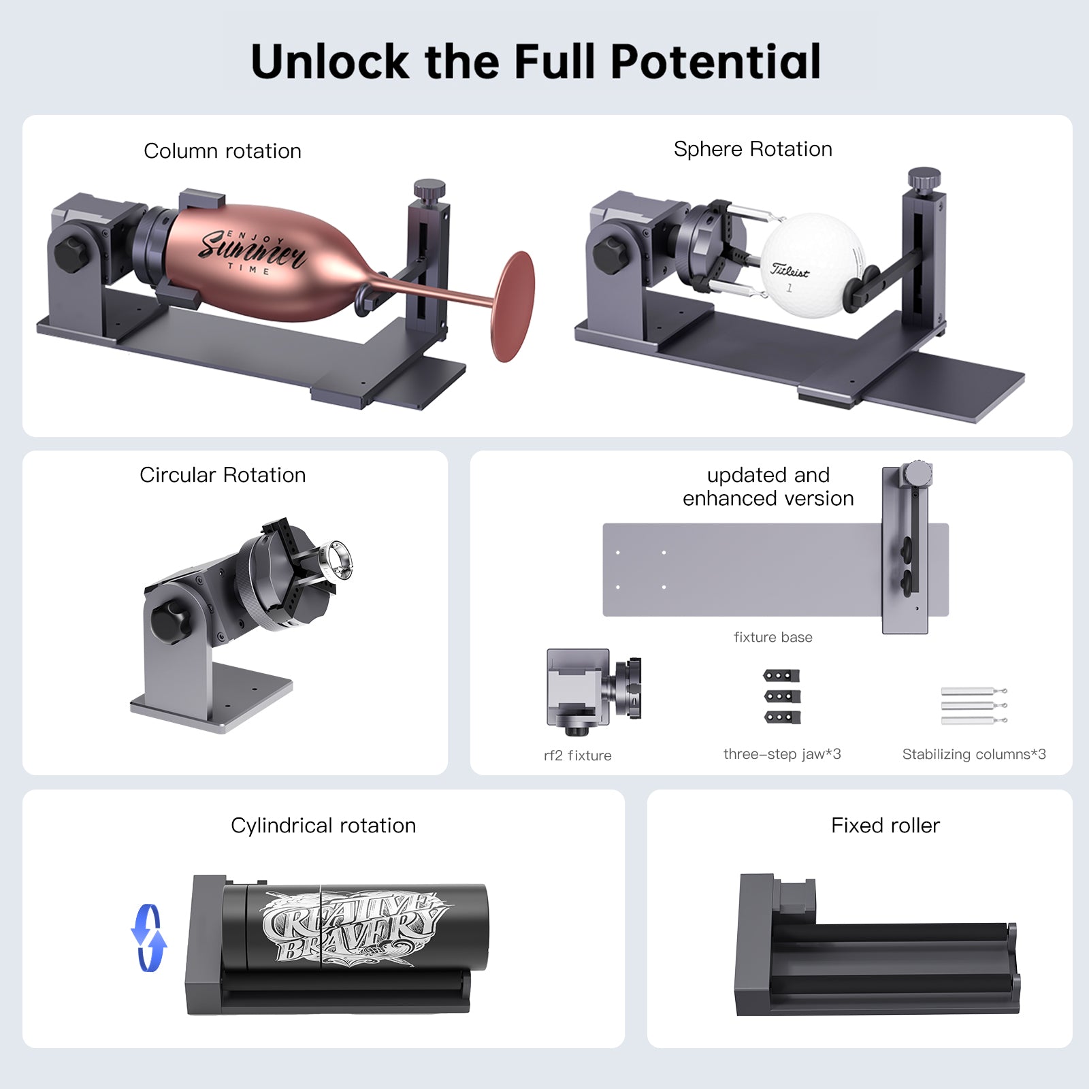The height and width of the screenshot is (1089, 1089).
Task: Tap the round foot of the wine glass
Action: tap(513, 306)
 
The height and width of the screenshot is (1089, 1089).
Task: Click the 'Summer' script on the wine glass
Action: tap(252, 249)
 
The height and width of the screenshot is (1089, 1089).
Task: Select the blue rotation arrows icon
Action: tap(148, 937)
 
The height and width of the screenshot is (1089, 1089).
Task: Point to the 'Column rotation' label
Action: tap(222, 151)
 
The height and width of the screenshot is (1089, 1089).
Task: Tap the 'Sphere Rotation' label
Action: tap(752, 149)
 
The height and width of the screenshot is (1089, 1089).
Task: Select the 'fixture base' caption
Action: tap(773, 637)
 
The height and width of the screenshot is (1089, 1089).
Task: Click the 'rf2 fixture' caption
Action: tap(577, 755)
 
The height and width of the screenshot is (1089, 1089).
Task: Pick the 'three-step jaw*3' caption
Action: tap(781, 754)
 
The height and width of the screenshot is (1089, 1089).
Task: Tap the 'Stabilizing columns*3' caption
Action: tap(973, 754)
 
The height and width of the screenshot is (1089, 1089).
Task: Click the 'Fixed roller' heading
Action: tap(885, 826)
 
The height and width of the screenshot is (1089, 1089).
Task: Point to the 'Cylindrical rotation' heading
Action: tap(323, 826)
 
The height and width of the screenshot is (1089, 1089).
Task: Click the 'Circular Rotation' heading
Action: tap(222, 475)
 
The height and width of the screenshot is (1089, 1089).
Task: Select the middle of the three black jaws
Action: tap(781, 696)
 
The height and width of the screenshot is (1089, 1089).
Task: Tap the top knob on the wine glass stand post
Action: tap(429, 187)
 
